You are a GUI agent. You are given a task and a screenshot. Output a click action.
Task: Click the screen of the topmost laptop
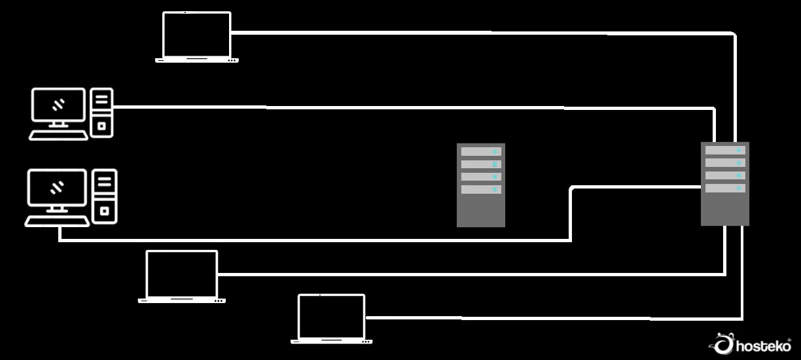click(196, 34)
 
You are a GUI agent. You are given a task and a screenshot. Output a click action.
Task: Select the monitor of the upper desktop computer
click(58, 105)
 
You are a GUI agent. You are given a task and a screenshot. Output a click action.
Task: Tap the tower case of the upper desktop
click(101, 113)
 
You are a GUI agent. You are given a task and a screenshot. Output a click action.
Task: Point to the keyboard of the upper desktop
click(58, 135)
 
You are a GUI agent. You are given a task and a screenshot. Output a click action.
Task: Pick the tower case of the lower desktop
click(105, 196)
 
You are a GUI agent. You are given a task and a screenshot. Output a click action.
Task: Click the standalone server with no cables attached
click(480, 185)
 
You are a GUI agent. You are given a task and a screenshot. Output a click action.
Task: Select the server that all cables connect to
click(724, 184)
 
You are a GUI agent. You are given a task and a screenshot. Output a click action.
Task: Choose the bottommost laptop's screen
click(331, 316)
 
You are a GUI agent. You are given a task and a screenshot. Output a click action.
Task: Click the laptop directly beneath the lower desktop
click(181, 276)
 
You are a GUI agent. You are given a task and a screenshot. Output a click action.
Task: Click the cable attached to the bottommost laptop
click(556, 318)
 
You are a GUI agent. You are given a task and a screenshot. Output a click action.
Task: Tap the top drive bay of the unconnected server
click(480, 151)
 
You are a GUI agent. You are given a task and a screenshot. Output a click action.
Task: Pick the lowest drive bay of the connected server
click(724, 189)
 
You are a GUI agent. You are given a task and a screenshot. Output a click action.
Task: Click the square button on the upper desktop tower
click(101, 124)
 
